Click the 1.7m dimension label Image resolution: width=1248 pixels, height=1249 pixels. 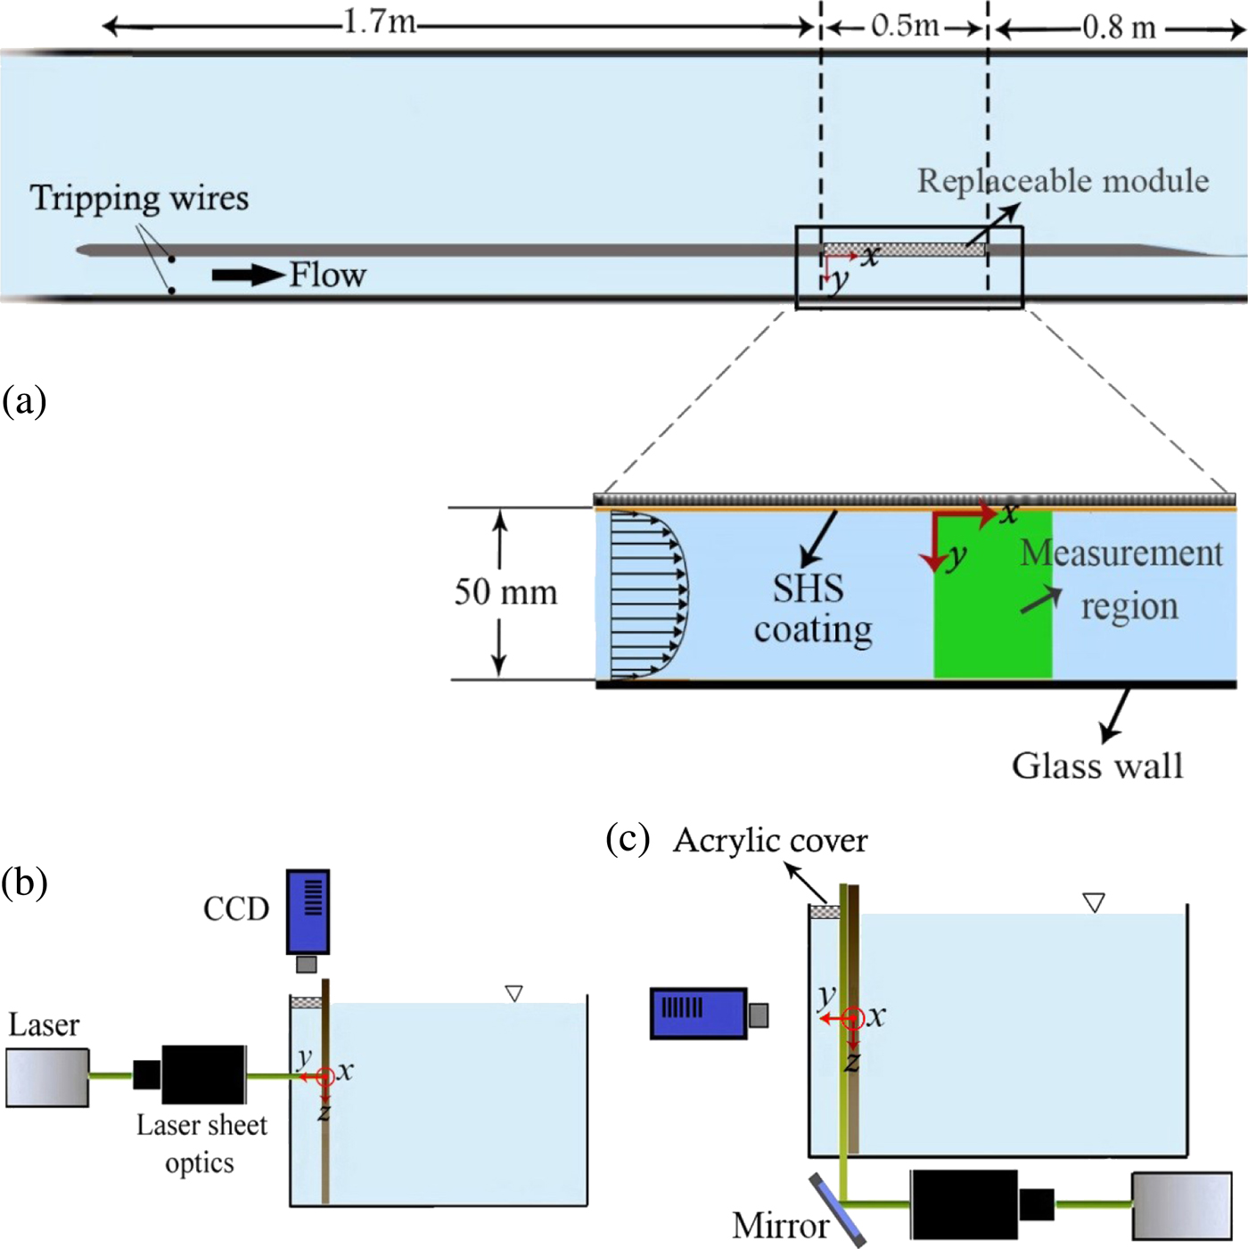pos(380,21)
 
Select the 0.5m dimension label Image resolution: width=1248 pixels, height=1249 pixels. pos(905,25)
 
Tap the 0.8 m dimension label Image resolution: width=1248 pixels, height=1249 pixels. pos(1119,27)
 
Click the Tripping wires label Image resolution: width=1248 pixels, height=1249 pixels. pos(139,198)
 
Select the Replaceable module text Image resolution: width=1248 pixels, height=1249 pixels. pos(1063,181)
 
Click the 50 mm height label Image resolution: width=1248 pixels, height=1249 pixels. pos(505,592)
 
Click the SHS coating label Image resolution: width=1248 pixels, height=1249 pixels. pos(812,609)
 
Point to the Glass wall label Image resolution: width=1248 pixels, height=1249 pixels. pos(1096,766)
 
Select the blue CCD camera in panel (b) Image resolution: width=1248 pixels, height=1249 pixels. pos(308,912)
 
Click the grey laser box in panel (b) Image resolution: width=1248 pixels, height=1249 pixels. pos(47,1077)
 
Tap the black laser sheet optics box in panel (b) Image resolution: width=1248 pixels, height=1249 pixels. pos(202,1074)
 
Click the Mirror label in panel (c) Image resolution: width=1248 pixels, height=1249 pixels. pos(780,1226)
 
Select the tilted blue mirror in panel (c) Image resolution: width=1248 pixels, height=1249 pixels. pos(838,1210)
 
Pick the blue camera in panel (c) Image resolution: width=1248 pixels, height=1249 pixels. pos(699,1013)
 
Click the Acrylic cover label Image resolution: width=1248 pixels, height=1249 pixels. pos(770,840)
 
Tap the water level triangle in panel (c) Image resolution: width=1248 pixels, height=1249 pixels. pos(1094,902)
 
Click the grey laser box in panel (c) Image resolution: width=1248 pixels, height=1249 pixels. pos(1181,1205)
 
